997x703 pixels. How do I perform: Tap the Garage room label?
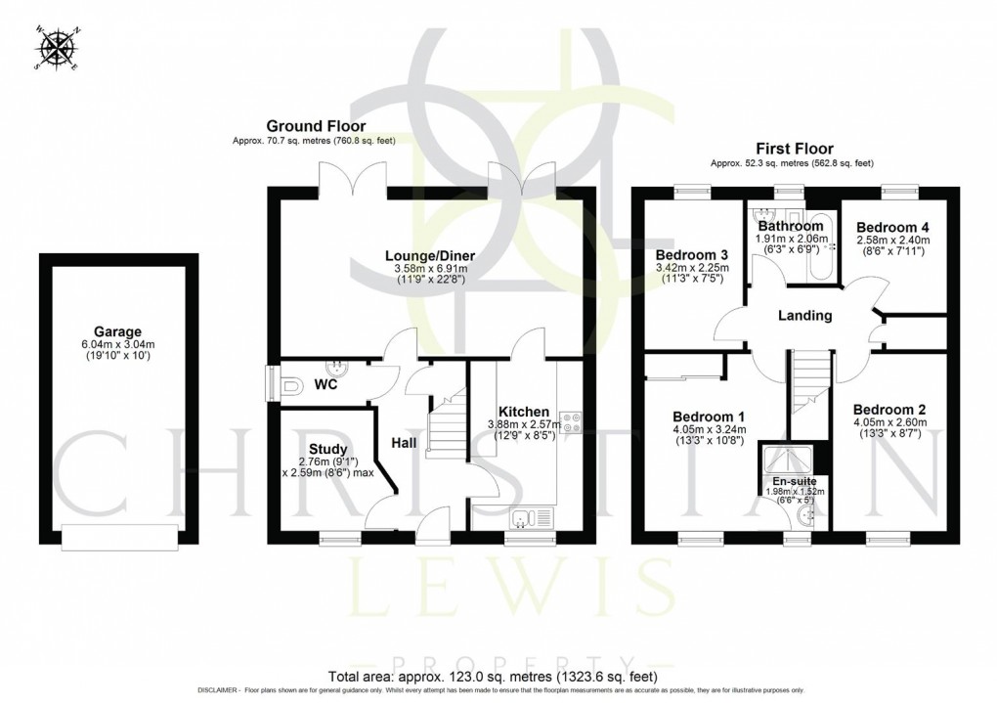[x=117, y=331]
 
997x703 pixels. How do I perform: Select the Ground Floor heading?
[x=318, y=126]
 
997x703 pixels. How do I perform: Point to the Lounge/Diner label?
[x=424, y=254]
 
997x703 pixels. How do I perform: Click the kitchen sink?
[x=533, y=519]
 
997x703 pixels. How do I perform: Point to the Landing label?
[x=804, y=316]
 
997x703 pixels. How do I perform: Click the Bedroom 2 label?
[x=889, y=409]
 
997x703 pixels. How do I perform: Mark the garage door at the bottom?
[x=117, y=535]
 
